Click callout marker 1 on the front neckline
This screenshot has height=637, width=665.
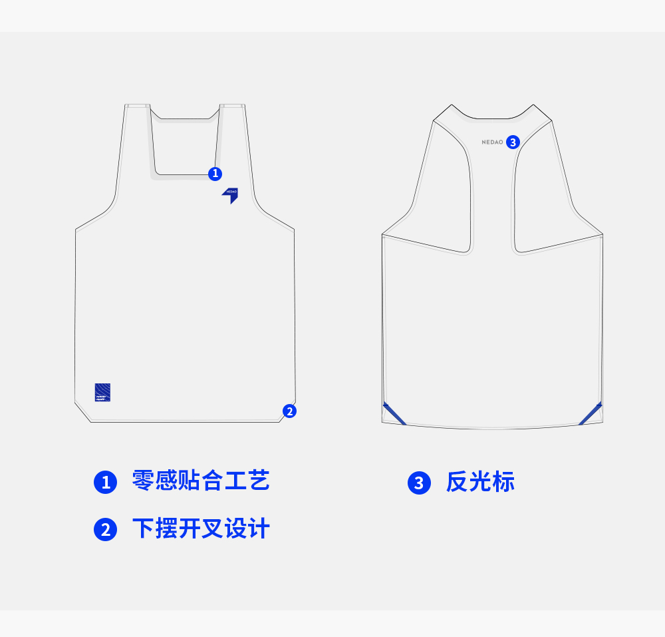coord(215,174)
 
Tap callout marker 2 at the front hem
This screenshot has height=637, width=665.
coord(289,411)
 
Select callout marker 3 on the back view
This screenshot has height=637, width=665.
coord(512,142)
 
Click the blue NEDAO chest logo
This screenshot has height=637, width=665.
coord(230,194)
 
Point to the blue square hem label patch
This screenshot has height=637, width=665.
coord(102,393)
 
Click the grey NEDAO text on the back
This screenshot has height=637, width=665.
coord(492,142)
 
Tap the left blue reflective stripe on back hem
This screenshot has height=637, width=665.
coord(394,413)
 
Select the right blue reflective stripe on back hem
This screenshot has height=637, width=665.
coord(591,413)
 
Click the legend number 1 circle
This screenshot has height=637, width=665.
coord(105,482)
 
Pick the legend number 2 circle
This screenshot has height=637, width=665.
coord(105,530)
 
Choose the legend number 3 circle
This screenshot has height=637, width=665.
coord(419,483)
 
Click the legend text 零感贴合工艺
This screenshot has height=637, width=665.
coord(201,481)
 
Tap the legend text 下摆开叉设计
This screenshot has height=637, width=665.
coord(201,529)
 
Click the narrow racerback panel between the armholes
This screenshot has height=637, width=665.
coord(492,200)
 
